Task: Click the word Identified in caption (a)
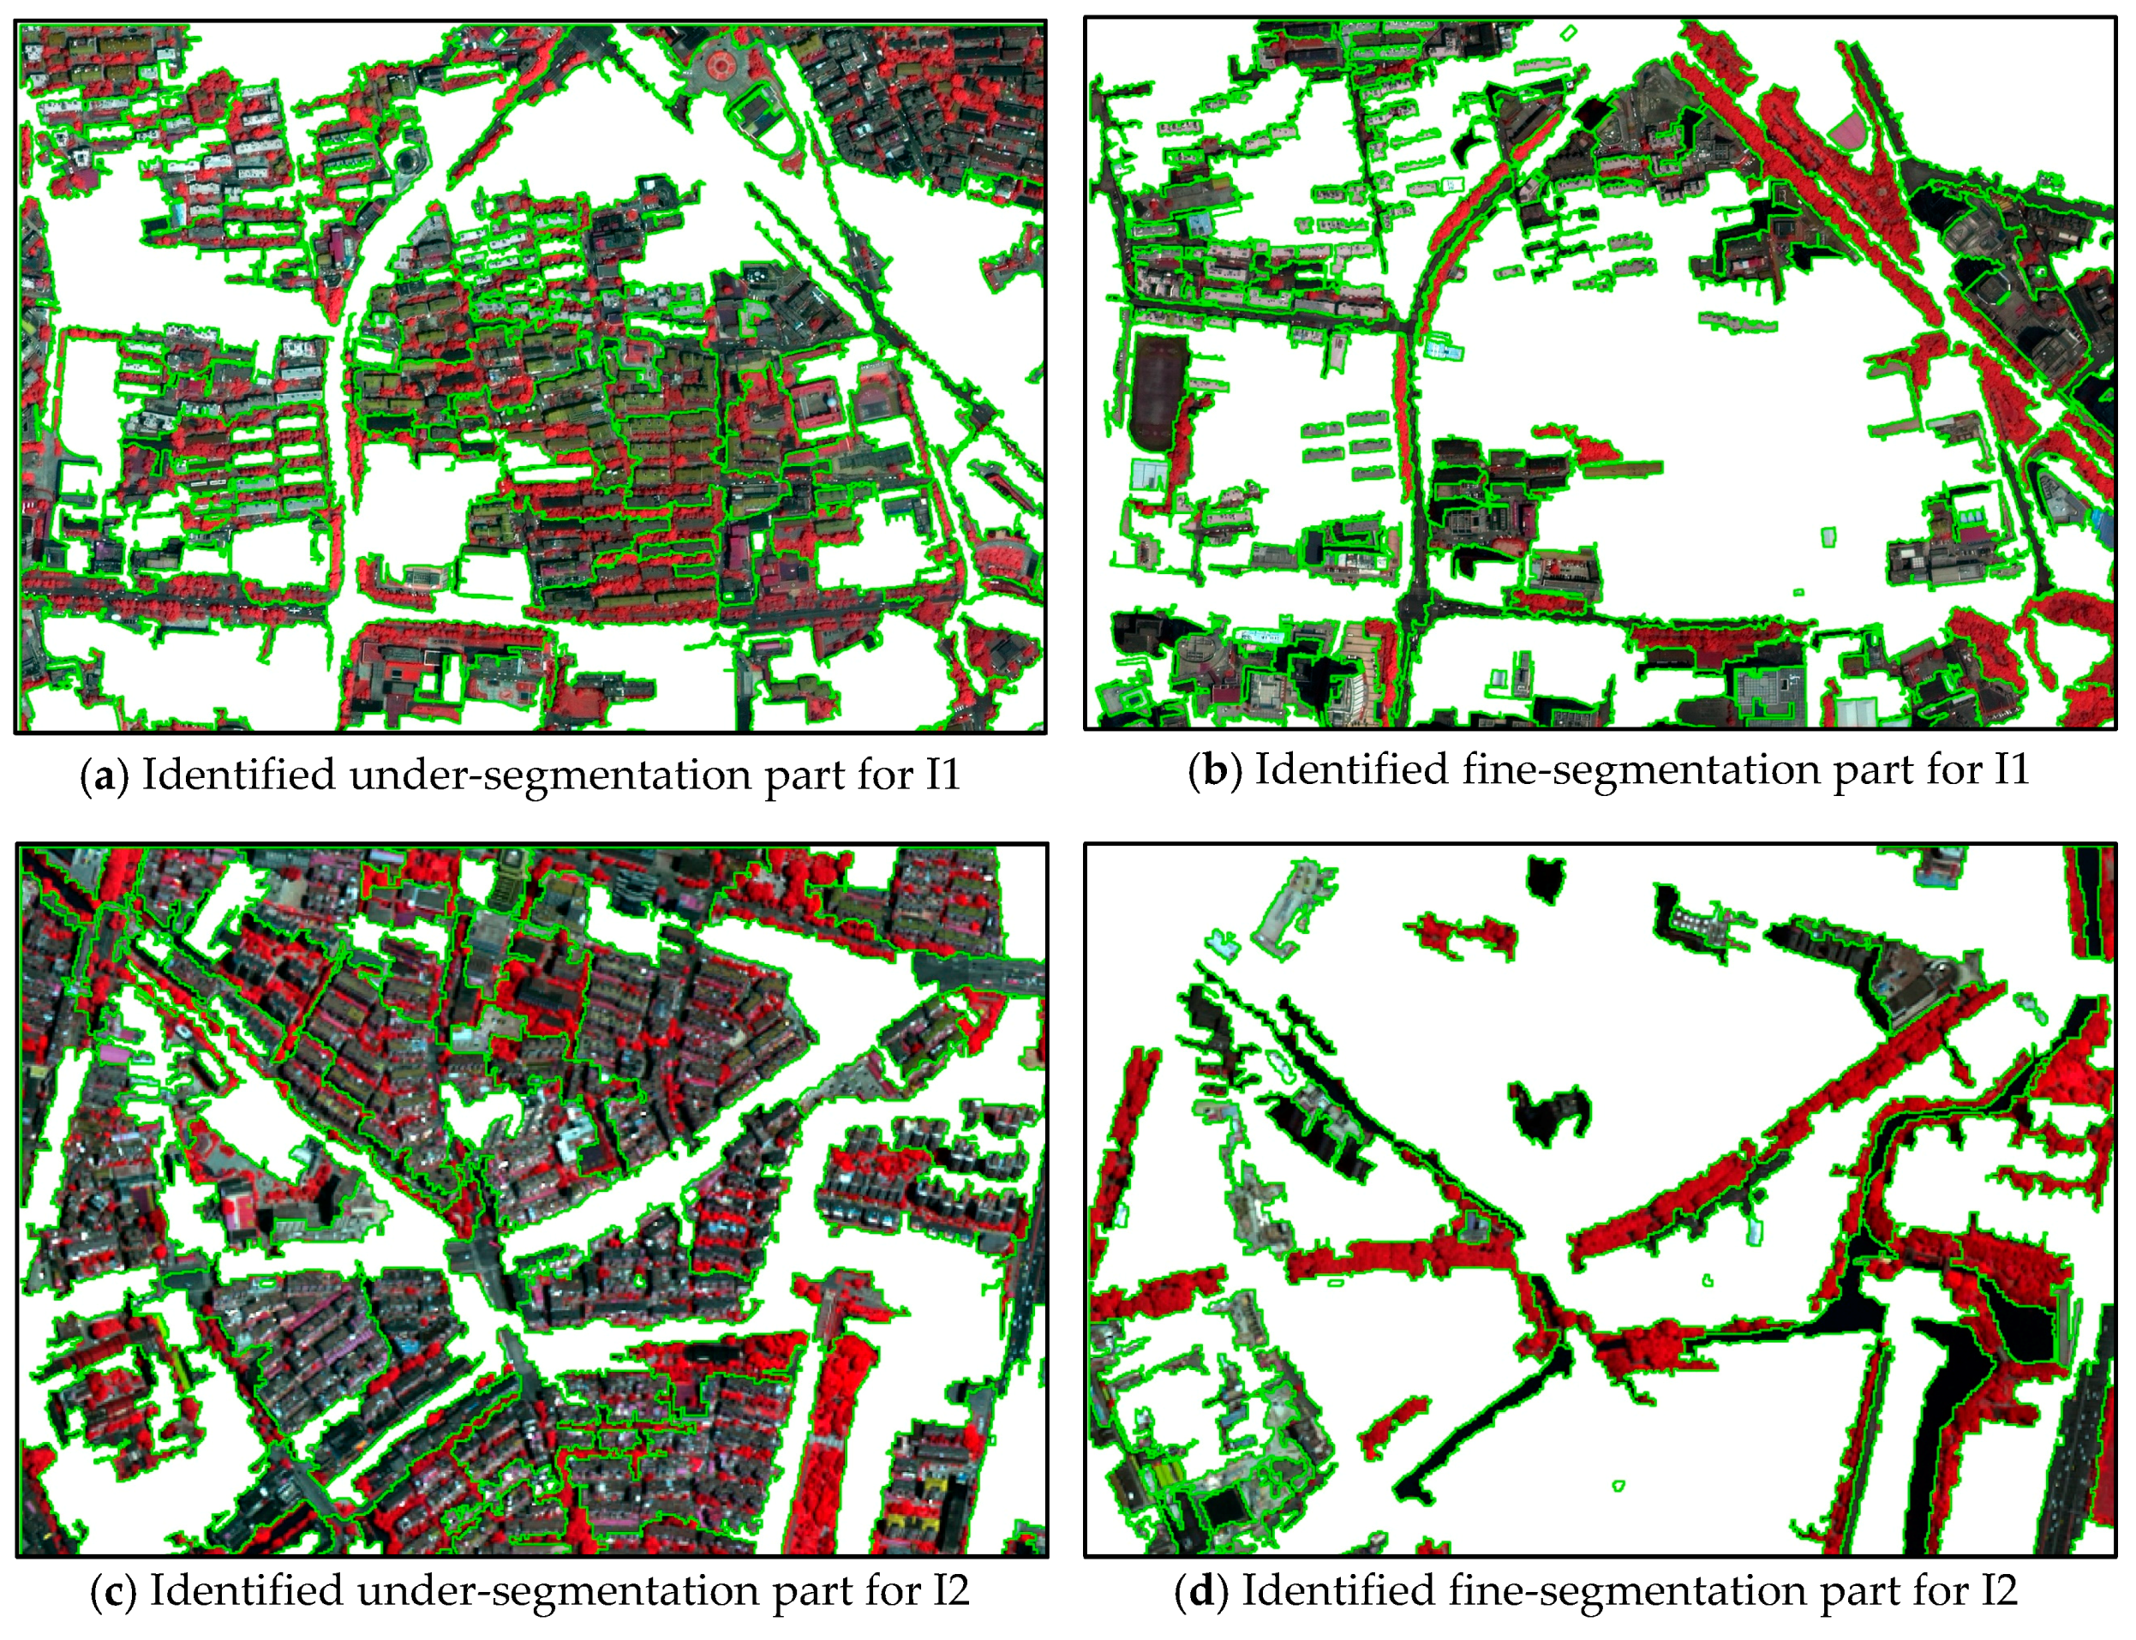tap(238, 777)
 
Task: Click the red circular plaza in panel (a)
tap(720, 65)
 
